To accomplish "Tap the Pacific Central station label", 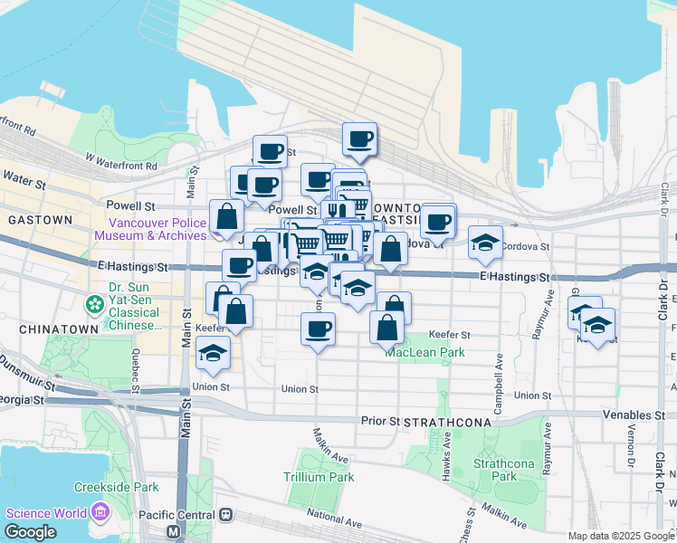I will (175, 514).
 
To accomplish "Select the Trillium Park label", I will (318, 476).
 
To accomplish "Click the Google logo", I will (30, 532).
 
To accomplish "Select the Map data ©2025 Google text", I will (620, 536).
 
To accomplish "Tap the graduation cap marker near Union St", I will (213, 352).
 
